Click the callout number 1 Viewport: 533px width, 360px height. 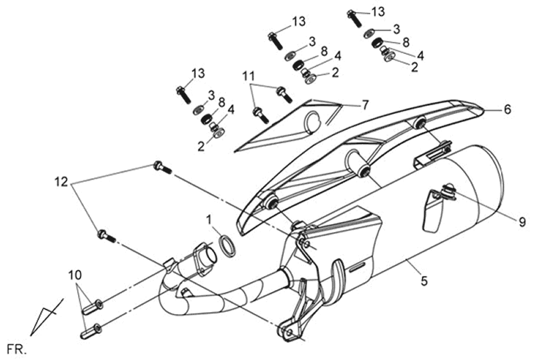pyautogui.click(x=209, y=218)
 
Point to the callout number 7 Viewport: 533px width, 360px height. pyautogui.click(x=364, y=105)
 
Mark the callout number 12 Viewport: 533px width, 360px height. pyautogui.click(x=61, y=181)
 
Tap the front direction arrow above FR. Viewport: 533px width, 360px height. pyautogui.click(x=45, y=319)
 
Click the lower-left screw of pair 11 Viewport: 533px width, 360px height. pyautogui.click(x=261, y=115)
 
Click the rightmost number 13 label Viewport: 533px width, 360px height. pyautogui.click(x=378, y=11)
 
